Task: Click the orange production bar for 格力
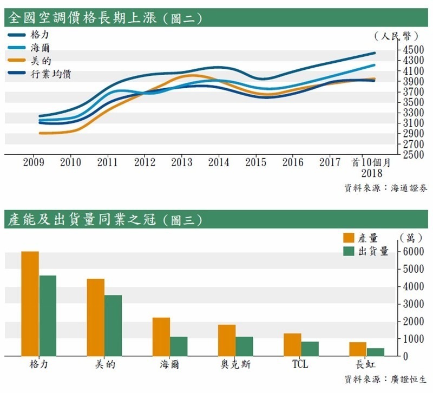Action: pyautogui.click(x=30, y=304)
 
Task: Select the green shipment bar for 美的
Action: pyautogui.click(x=113, y=325)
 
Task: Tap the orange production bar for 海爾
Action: pyautogui.click(x=161, y=337)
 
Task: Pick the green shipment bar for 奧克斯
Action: pyautogui.click(x=244, y=346)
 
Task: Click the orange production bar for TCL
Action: pyautogui.click(x=292, y=344)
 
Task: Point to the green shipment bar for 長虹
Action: pyautogui.click(x=375, y=352)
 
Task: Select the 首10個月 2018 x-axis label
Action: pyautogui.click(x=371, y=167)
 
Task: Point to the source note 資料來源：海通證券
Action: pyautogui.click(x=385, y=188)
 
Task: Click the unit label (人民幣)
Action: pyautogui.click(x=397, y=36)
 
